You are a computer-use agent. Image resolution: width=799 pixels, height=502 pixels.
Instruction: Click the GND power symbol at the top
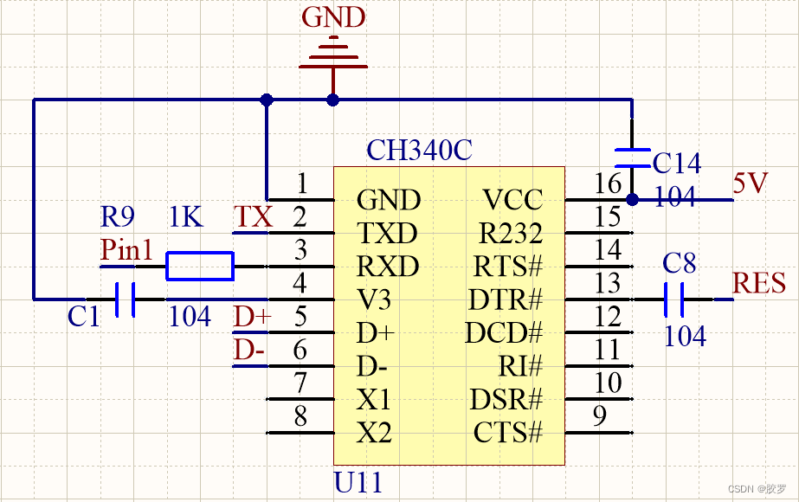pyautogui.click(x=333, y=54)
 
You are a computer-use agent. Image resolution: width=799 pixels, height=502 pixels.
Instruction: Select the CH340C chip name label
pyautogui.click(x=419, y=150)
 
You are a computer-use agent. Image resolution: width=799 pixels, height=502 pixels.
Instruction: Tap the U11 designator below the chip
pyautogui.click(x=358, y=481)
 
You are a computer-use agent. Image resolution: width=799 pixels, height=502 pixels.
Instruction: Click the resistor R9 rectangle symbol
pyautogui.click(x=200, y=267)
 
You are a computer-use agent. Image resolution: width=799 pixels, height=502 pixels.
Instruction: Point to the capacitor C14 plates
pyautogui.click(x=632, y=158)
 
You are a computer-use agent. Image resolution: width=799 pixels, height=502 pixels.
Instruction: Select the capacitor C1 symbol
pyautogui.click(x=126, y=299)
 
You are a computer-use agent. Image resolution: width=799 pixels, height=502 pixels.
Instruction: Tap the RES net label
pyautogui.click(x=759, y=283)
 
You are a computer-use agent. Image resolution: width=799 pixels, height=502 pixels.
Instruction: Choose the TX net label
pyautogui.click(x=253, y=217)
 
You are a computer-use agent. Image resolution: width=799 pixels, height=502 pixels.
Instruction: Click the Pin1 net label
pyautogui.click(x=126, y=250)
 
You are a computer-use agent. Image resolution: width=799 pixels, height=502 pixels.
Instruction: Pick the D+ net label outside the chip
pyautogui.click(x=252, y=318)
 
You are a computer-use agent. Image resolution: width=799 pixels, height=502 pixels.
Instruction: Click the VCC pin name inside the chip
pyautogui.click(x=512, y=201)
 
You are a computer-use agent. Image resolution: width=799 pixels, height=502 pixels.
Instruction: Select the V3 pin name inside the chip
pyautogui.click(x=374, y=300)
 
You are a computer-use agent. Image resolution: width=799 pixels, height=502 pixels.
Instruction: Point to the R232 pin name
pyautogui.click(x=511, y=234)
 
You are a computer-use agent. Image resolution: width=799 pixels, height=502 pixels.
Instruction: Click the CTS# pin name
pyautogui.click(x=508, y=432)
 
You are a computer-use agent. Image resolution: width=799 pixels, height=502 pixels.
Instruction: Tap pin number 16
pyautogui.click(x=609, y=183)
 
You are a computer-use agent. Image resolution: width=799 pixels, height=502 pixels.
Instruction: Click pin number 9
pyautogui.click(x=598, y=416)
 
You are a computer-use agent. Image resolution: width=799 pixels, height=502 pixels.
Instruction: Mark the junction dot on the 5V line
pyautogui.click(x=632, y=200)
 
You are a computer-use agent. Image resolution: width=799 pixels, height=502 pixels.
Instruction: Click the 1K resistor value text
pyautogui.click(x=186, y=217)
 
